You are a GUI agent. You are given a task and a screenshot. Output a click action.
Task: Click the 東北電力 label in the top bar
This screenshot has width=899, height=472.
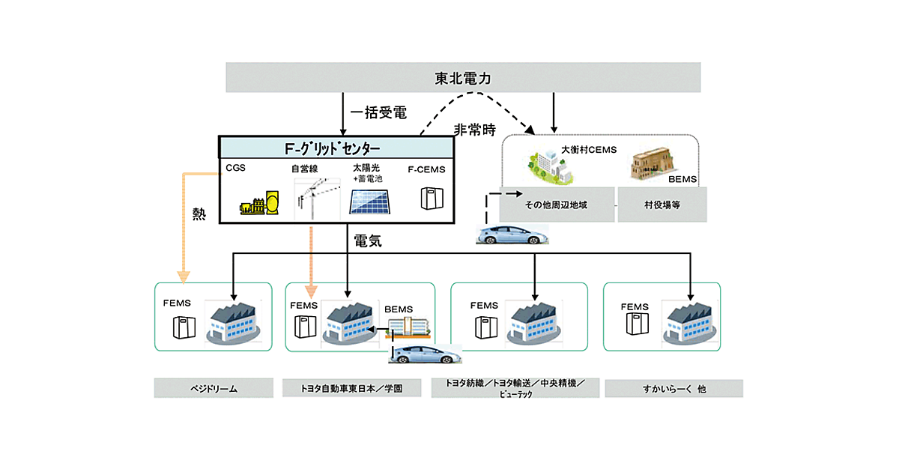pyautogui.click(x=463, y=78)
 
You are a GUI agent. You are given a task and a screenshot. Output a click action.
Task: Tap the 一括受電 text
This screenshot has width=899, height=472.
pyautogui.click(x=379, y=113)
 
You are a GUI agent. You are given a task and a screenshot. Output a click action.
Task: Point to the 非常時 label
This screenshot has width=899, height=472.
pyautogui.click(x=475, y=130)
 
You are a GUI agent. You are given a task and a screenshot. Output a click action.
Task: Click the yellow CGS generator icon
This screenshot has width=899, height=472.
pyautogui.click(x=258, y=204)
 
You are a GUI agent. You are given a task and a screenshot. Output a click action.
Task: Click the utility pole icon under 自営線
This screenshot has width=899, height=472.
pyautogui.click(x=314, y=197)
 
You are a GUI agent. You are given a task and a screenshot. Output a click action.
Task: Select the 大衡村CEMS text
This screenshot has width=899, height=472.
pyautogui.click(x=588, y=150)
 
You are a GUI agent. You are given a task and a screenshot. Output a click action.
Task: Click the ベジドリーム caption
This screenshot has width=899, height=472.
pyautogui.click(x=213, y=388)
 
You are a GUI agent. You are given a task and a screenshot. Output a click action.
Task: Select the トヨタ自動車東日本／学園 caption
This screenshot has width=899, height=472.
pyautogui.click(x=357, y=388)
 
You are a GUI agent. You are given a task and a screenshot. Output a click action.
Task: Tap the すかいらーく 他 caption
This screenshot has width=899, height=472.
pyautogui.click(x=674, y=388)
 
